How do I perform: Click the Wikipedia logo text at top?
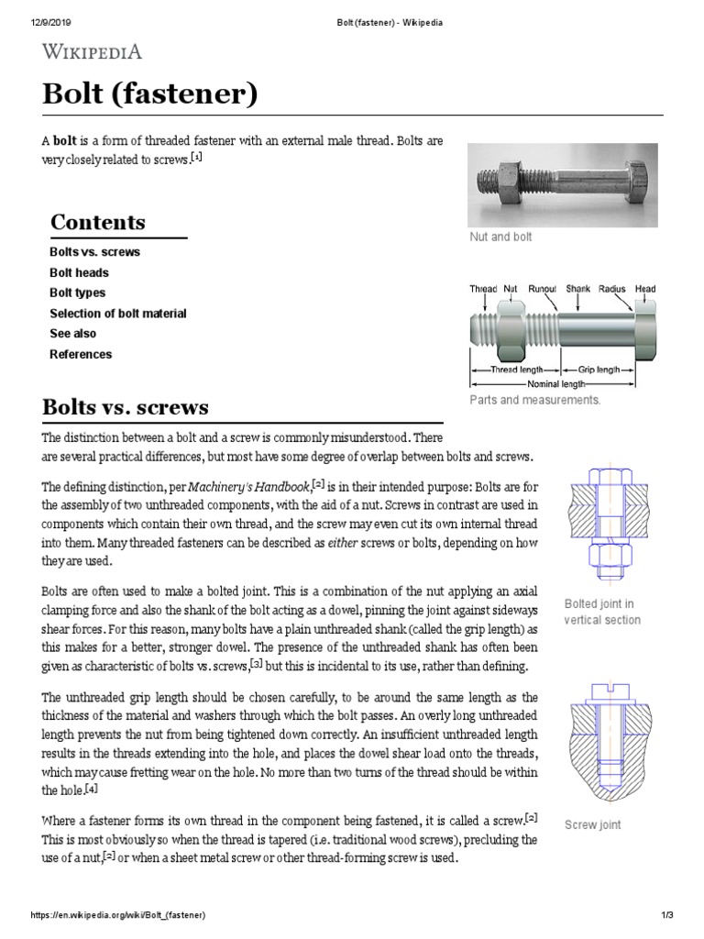click(93, 52)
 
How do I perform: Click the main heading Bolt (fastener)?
click(150, 94)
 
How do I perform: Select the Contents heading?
click(97, 222)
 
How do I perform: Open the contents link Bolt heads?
click(79, 272)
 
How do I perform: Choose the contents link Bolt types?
click(77, 293)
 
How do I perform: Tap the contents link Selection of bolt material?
click(117, 314)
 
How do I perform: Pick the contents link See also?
click(72, 334)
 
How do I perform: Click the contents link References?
click(81, 354)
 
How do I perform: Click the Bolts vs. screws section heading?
click(126, 406)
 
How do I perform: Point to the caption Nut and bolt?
click(500, 237)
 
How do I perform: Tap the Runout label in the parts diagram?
click(542, 289)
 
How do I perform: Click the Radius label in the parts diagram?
click(611, 289)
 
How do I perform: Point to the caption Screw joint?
click(592, 824)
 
